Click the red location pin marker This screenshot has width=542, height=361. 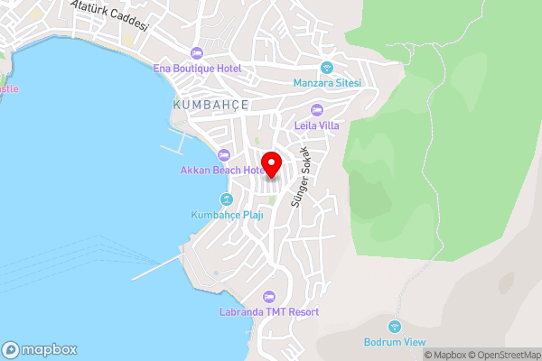[270, 158]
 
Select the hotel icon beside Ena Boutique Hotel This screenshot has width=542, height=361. [196, 51]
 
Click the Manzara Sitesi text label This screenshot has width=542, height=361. [327, 83]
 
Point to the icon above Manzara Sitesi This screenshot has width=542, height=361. [327, 68]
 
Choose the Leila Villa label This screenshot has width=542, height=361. [317, 125]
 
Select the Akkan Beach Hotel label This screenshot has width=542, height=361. [222, 170]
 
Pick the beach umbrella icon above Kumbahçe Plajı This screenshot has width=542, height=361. [226, 199]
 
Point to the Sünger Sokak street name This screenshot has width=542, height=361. [299, 177]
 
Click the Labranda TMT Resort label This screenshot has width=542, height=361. [269, 312]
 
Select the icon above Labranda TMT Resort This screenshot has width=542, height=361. [268, 297]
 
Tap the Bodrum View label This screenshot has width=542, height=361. [394, 342]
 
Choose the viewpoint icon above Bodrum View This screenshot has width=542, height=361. [394, 327]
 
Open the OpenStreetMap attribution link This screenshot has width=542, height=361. [501, 355]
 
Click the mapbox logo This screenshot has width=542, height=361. [40, 349]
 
